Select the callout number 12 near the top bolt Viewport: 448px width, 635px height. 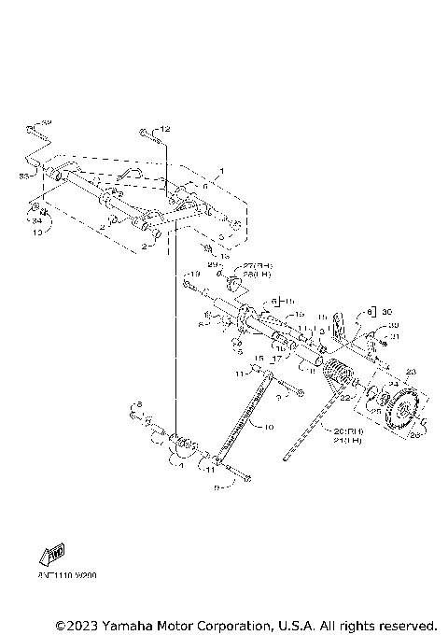pyautogui.click(x=166, y=128)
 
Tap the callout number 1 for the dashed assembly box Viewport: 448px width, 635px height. pyautogui.click(x=221, y=172)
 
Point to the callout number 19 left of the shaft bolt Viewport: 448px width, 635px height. pyautogui.click(x=194, y=275)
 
